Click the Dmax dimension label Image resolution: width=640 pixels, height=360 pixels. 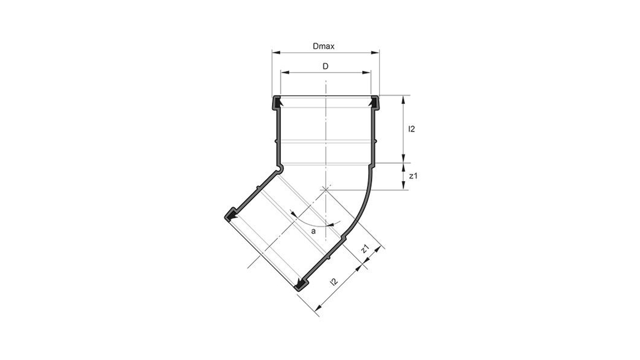(x=324, y=46)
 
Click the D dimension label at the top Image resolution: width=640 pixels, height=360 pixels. (x=325, y=66)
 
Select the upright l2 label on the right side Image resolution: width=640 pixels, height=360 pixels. (x=411, y=129)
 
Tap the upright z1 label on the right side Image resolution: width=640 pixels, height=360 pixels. (x=412, y=175)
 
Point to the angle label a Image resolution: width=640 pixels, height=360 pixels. (x=314, y=231)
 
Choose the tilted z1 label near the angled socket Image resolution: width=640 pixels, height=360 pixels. (x=365, y=248)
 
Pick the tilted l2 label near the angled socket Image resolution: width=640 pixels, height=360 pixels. (x=334, y=282)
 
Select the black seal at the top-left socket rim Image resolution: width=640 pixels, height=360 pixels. (x=277, y=100)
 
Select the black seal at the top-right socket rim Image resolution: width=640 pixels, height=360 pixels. (x=374, y=100)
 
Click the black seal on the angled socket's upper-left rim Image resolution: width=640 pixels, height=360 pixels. (x=230, y=215)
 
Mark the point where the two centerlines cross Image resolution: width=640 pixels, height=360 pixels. (x=325, y=189)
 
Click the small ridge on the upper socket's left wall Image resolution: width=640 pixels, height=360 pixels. (x=275, y=141)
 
